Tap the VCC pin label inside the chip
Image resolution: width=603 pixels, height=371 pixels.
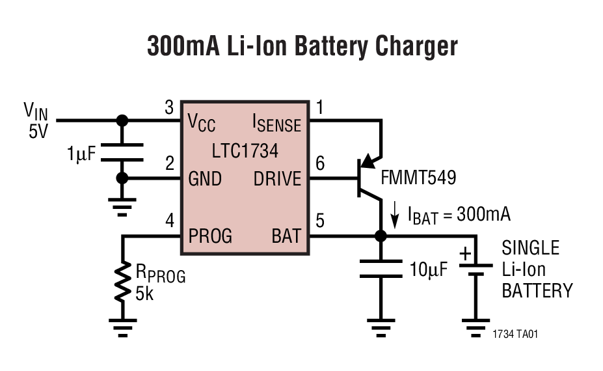tap(201, 122)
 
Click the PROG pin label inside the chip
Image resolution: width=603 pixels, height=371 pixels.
tap(210, 236)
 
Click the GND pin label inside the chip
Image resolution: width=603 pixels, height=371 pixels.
tap(205, 179)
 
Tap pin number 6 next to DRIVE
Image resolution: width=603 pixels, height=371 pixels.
tap(319, 165)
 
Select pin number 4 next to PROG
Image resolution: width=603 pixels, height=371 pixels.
tap(170, 221)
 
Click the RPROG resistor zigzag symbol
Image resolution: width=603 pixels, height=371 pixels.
tap(122, 281)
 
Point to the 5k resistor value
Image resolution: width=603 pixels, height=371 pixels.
tap(145, 294)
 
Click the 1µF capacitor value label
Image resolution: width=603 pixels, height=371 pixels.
tap(81, 154)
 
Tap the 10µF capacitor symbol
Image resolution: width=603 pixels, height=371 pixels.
tap(381, 268)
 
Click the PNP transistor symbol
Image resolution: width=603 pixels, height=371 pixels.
tap(368, 177)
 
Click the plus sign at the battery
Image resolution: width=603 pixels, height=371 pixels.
tap(466, 254)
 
